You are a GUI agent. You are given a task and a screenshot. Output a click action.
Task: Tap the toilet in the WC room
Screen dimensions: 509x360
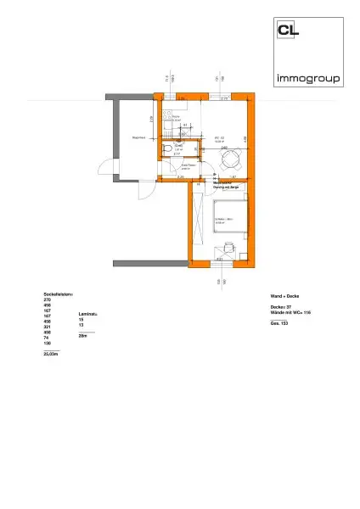[x=169, y=151]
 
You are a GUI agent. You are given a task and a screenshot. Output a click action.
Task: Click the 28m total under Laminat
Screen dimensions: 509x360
[x=82, y=336]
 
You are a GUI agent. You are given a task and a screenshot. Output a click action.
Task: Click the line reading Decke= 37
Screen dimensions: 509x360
[x=280, y=306]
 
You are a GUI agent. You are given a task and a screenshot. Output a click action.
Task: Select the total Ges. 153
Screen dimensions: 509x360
[x=278, y=324]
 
